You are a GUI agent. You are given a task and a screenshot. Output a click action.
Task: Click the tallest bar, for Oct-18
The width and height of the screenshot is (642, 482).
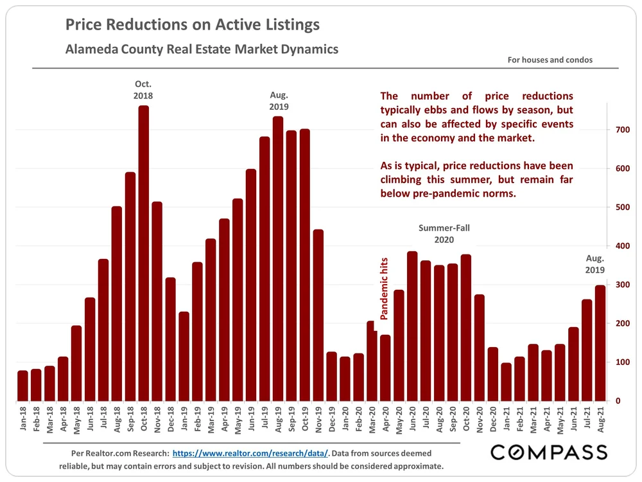point(144,254)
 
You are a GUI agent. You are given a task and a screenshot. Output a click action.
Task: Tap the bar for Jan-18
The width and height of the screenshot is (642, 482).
point(22,386)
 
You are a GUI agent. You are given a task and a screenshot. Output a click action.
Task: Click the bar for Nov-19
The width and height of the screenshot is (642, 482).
point(318,315)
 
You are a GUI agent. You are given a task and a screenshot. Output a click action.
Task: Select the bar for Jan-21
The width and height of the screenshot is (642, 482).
point(507,382)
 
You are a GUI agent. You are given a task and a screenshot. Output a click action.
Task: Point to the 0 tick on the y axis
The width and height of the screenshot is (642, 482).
point(618,401)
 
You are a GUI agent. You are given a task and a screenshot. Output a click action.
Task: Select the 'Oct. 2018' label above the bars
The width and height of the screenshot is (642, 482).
point(143,90)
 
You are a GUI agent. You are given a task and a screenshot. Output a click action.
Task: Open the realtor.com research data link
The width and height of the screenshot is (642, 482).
point(250,454)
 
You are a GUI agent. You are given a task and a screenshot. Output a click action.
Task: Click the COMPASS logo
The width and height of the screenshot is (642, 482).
point(549,452)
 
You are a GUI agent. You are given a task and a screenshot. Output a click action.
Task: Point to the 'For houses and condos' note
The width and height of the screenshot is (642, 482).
point(550,60)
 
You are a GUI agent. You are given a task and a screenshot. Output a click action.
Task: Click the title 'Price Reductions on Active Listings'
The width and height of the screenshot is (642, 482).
point(193,26)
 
